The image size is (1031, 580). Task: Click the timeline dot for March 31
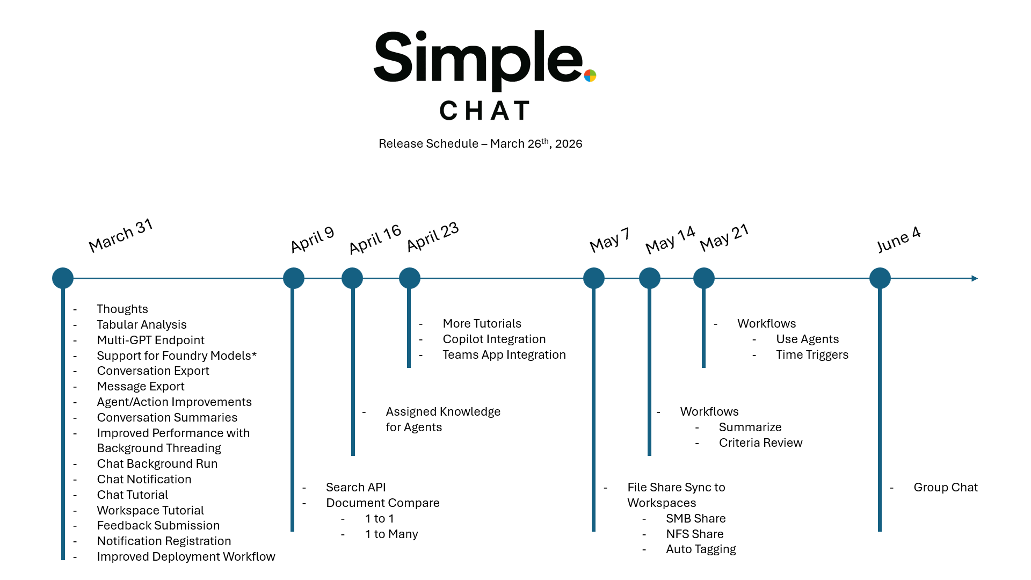click(63, 278)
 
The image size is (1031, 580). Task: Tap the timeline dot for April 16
click(352, 278)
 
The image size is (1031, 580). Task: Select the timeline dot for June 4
click(880, 278)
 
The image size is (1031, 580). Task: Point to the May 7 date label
click(609, 240)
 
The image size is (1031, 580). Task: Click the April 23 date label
click(433, 237)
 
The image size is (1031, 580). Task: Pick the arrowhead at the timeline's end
click(975, 278)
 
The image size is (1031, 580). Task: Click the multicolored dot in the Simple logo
click(590, 76)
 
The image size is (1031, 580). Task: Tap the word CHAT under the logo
click(485, 111)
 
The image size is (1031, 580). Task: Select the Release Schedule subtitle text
click(480, 143)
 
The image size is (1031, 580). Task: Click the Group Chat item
click(945, 487)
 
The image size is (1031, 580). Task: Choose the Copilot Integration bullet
click(494, 339)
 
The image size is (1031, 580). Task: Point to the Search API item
click(355, 487)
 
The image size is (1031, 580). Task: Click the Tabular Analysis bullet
click(142, 324)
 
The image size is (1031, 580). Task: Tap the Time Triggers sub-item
click(812, 354)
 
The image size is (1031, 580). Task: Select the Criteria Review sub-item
click(760, 443)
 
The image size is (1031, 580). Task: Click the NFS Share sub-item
click(695, 534)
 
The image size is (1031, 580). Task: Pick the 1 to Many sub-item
click(391, 534)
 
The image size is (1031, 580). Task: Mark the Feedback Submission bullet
click(158, 525)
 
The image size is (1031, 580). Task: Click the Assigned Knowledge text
click(443, 411)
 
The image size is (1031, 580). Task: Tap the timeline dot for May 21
click(703, 278)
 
